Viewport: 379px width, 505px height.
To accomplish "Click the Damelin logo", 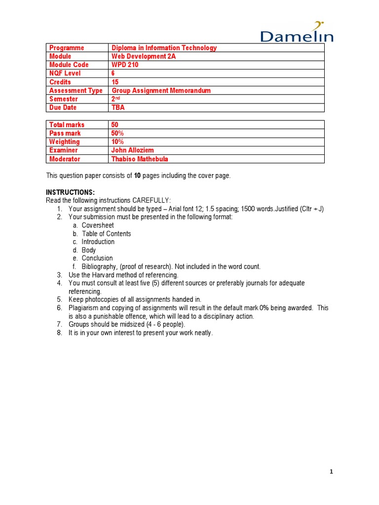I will (297, 33).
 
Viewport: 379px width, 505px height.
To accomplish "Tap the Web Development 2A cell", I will (144, 56).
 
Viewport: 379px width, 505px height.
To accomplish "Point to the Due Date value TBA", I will (118, 108).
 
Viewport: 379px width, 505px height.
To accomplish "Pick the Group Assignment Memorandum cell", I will (161, 90).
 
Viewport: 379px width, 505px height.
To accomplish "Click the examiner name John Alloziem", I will (133, 150).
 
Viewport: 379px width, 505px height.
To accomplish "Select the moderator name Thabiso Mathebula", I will (140, 159).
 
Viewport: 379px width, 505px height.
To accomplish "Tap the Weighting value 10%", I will (118, 142).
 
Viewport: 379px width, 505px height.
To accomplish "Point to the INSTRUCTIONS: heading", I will (70, 192).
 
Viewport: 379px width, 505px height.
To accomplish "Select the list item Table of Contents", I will (106, 234).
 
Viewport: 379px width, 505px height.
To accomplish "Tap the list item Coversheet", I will (98, 225).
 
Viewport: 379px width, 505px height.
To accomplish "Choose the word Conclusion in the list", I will (97, 258).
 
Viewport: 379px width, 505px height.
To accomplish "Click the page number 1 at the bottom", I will (332, 472).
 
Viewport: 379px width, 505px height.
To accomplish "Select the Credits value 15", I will (115, 82).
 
